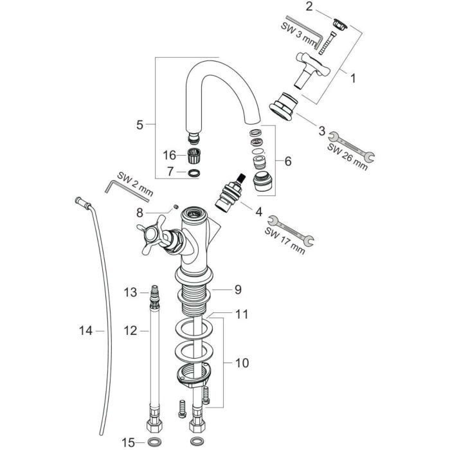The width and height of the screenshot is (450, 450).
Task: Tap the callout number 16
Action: pos(168,155)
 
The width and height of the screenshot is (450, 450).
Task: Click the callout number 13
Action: pos(130,292)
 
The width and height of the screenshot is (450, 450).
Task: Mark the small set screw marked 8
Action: pos(175,207)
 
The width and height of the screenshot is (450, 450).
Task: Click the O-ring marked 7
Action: pos(193,172)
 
